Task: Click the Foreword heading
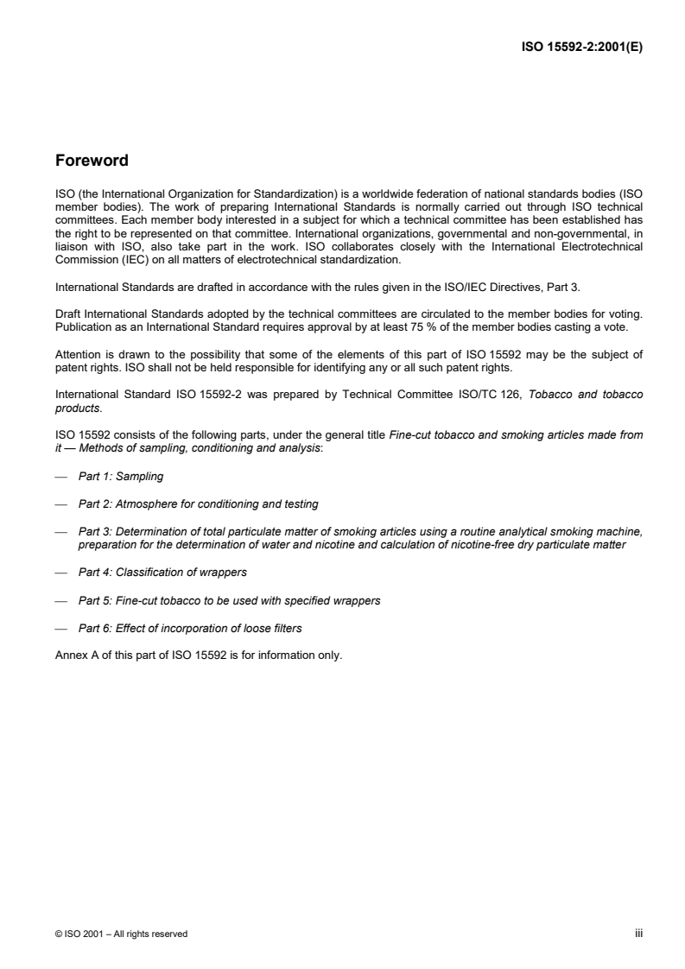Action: [92, 161]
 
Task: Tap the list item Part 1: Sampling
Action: [120, 476]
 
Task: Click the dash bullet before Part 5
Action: [60, 599]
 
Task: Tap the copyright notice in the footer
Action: [121, 934]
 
